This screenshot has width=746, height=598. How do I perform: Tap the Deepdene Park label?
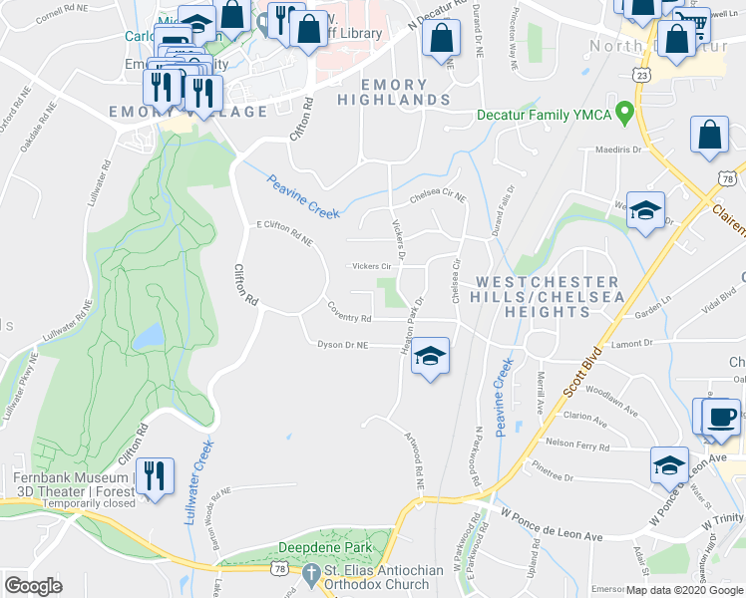pos(324,547)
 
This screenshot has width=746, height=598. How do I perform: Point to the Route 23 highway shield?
pos(642,75)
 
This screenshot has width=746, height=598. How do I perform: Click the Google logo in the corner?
pos(33,585)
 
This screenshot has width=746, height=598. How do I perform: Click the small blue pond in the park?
pos(149,336)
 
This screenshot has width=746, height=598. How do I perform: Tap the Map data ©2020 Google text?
pos(683,590)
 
